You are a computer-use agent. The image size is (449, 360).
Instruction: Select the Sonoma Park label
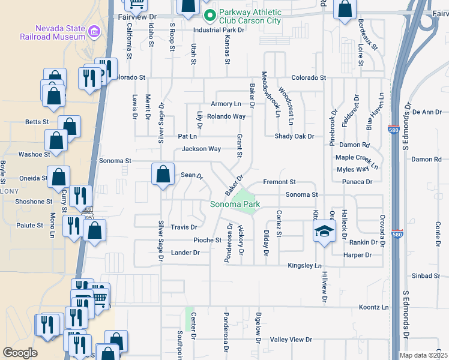(x=235, y=205)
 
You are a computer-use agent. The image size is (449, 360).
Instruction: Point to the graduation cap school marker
(x=324, y=232)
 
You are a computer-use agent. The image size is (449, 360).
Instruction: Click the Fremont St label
(x=280, y=182)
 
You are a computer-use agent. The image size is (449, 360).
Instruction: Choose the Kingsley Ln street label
(x=305, y=265)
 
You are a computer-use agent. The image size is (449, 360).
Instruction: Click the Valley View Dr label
(x=291, y=340)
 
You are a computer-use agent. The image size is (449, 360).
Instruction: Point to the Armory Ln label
(x=226, y=104)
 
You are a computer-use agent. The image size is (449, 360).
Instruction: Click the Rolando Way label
(x=226, y=116)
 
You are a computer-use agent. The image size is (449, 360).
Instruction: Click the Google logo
(x=20, y=353)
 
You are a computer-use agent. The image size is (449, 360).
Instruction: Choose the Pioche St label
(x=207, y=241)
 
